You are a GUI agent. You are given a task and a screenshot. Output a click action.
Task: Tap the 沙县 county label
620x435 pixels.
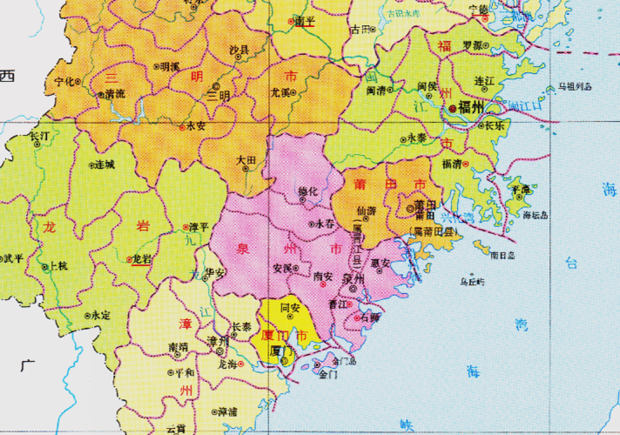click(x=237, y=51)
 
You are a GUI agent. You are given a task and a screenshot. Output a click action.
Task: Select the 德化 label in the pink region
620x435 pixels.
click(x=309, y=191)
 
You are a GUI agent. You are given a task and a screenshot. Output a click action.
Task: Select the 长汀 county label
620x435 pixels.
click(x=40, y=137)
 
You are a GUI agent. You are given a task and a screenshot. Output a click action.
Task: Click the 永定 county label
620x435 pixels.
click(x=101, y=315)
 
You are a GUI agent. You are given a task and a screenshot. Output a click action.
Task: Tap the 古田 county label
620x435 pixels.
click(x=360, y=29)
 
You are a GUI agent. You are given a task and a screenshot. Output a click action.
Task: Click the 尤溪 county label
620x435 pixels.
click(x=281, y=90)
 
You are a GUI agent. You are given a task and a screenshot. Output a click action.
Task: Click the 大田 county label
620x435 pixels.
click(x=246, y=162)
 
